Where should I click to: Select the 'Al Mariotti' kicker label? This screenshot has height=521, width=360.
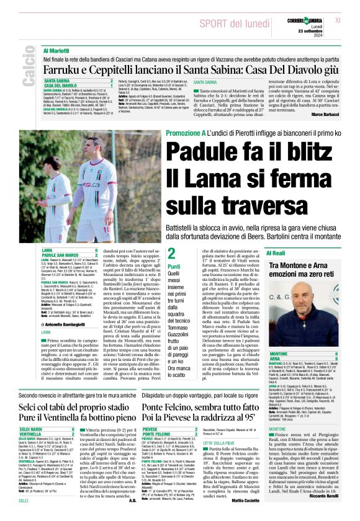pos(56,50)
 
